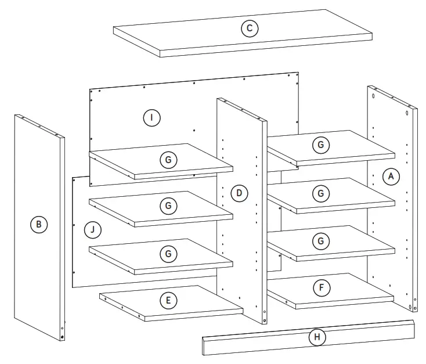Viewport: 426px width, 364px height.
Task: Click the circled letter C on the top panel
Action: [x=250, y=28]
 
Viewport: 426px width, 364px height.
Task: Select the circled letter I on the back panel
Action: [x=151, y=118]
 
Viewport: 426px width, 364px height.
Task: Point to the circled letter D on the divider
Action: [x=237, y=193]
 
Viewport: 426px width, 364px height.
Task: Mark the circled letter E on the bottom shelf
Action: [x=167, y=300]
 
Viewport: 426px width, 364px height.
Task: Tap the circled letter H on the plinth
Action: [x=317, y=337]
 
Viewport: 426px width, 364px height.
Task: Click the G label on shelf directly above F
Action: [x=320, y=240]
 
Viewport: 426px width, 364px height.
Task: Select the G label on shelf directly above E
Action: [x=167, y=253]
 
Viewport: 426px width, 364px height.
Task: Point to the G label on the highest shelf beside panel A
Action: [x=320, y=145]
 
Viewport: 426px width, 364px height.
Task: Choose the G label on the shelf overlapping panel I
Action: [x=167, y=158]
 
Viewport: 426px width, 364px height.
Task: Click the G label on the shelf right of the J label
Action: [x=167, y=206]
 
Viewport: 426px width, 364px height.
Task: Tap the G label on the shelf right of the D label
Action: [x=320, y=192]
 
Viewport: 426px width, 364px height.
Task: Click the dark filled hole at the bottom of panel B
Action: [x=62, y=337]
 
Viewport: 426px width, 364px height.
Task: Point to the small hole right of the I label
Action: [x=194, y=131]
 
